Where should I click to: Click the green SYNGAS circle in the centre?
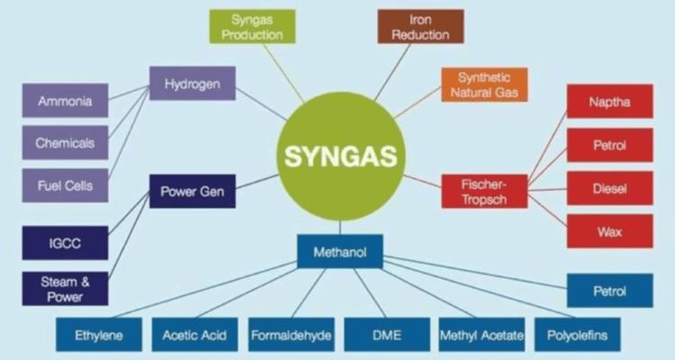341,157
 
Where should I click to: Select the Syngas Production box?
252,27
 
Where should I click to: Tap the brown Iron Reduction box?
420,27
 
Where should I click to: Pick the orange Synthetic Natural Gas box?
484,85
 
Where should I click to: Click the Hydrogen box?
193,84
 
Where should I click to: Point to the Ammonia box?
65,100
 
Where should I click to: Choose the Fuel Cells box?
65,185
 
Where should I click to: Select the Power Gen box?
193,191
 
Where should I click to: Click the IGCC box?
65,243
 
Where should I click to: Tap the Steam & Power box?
65,289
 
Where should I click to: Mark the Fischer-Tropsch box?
484,192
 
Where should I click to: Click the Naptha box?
610,102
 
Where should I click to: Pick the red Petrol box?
610,145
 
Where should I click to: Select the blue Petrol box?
610,291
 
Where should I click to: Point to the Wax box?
610,231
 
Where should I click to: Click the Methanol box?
340,251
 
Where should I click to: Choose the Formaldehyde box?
292,335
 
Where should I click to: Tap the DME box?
387,335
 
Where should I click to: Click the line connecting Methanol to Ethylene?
204,290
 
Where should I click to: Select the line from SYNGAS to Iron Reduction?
392,72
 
